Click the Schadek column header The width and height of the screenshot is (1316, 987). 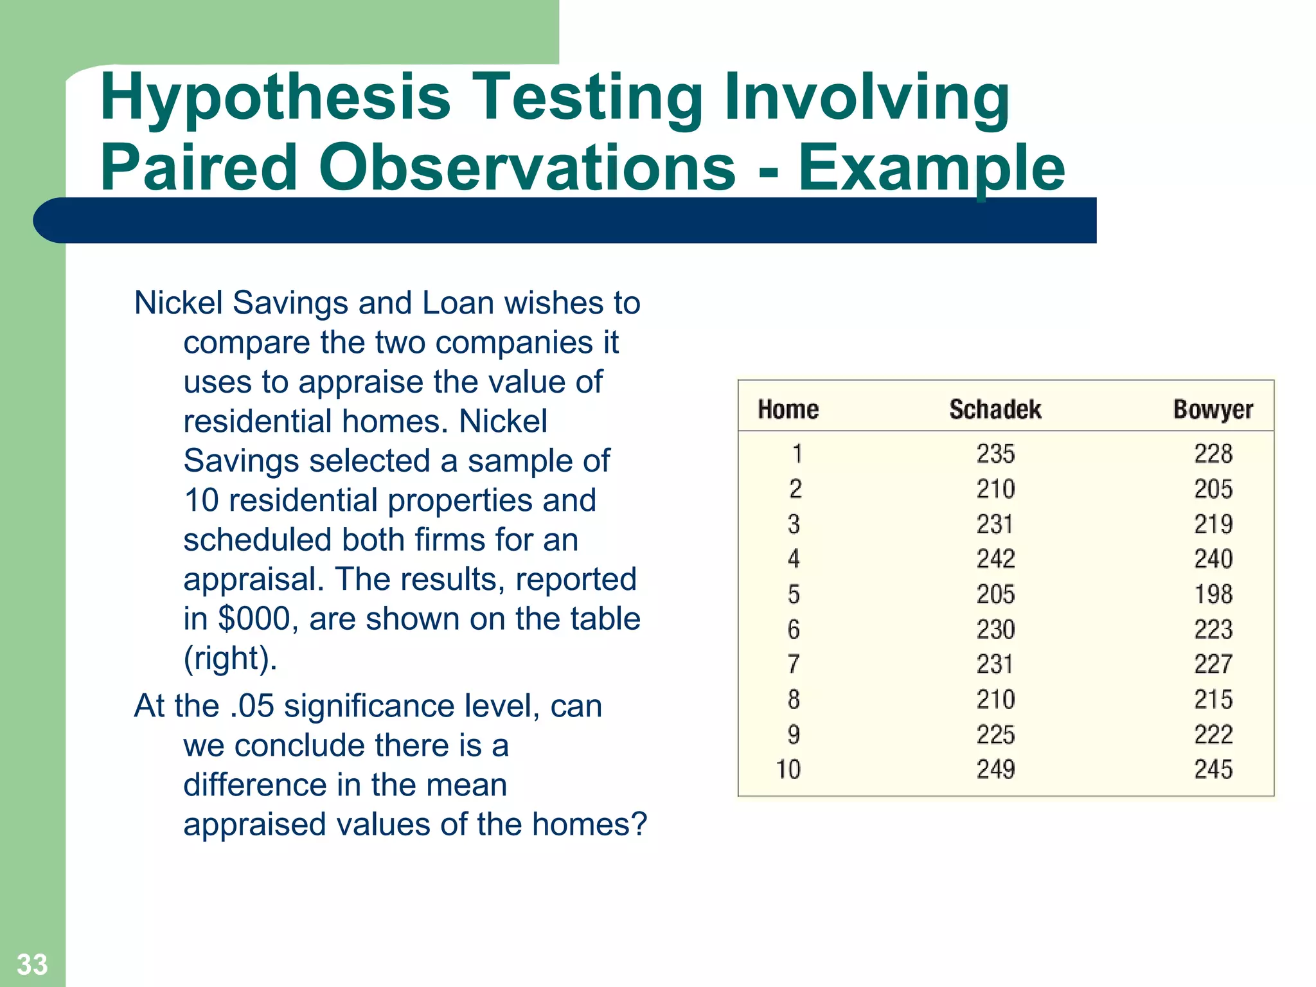tap(995, 409)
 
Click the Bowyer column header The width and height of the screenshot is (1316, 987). tap(1213, 409)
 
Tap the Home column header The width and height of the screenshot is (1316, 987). tap(788, 409)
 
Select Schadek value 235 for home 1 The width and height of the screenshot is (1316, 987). tap(995, 454)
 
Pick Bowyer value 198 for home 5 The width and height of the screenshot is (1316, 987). tap(1213, 594)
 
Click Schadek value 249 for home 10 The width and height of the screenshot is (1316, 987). tap(995, 769)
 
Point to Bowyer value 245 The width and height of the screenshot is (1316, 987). tap(1213, 769)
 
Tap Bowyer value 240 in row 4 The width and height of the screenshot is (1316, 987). tap(1213, 559)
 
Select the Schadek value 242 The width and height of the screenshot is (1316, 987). tap(995, 559)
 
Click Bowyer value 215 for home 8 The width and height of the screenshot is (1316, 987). tap(1213, 699)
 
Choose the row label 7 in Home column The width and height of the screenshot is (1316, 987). tap(794, 664)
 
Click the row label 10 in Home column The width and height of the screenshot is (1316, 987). tap(788, 769)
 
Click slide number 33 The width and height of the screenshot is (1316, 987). tap(32, 965)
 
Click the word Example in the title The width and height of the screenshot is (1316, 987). tap(931, 168)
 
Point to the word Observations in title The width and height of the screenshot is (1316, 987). tap(527, 168)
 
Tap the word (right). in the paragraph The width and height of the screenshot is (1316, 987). tap(230, 659)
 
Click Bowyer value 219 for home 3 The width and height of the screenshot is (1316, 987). tap(1213, 524)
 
